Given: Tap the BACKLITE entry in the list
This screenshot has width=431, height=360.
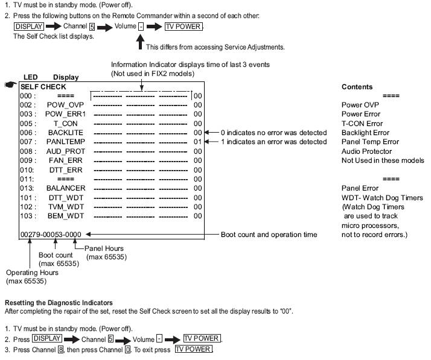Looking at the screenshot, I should tap(66, 133).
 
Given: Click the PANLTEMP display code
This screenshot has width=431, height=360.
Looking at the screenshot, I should tap(66, 142).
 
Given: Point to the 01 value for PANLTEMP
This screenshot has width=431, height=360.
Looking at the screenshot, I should tap(198, 142).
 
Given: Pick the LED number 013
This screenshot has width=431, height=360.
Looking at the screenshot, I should tap(28, 188).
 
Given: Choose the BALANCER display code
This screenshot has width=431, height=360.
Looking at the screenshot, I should tap(66, 188).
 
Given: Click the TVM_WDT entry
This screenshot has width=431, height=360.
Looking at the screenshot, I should tap(66, 207).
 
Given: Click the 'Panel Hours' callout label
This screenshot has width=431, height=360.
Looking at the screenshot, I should tap(104, 248).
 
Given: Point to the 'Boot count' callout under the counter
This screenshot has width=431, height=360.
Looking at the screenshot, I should tap(55, 256).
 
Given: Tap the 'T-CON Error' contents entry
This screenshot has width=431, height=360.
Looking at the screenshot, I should tap(362, 124).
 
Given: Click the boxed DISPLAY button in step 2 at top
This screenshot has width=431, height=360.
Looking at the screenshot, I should tap(28, 27).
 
